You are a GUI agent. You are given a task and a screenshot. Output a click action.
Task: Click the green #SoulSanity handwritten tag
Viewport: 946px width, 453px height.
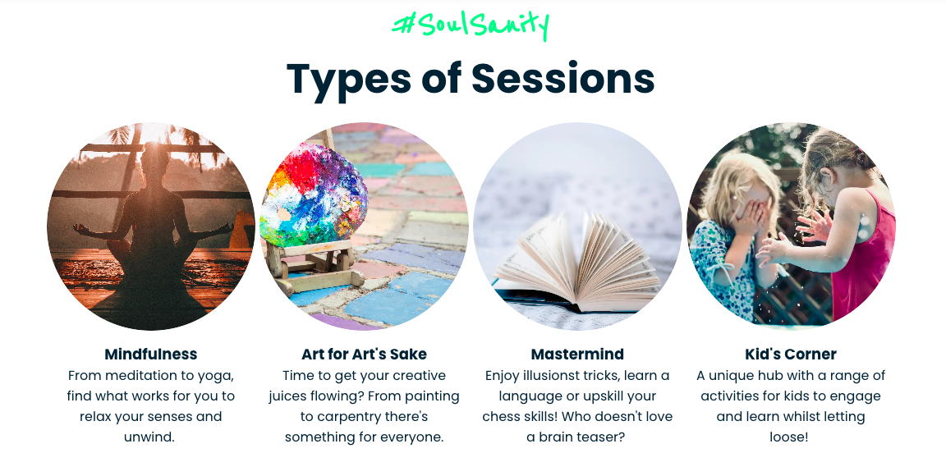click(471, 25)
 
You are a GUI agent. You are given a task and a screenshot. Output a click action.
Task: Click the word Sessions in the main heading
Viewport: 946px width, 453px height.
click(563, 79)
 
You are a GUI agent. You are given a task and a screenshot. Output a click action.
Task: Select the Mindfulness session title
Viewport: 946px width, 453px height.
click(151, 354)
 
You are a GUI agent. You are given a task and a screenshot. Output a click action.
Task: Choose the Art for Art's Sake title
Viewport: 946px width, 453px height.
click(365, 354)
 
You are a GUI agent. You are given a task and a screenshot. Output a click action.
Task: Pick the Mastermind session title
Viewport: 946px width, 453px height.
click(577, 354)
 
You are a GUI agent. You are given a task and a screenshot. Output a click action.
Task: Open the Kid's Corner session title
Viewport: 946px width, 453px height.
click(791, 354)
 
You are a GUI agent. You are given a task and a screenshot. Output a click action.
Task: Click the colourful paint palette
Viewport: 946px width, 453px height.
click(314, 194)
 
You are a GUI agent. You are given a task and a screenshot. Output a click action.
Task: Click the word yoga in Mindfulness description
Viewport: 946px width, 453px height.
click(216, 376)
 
